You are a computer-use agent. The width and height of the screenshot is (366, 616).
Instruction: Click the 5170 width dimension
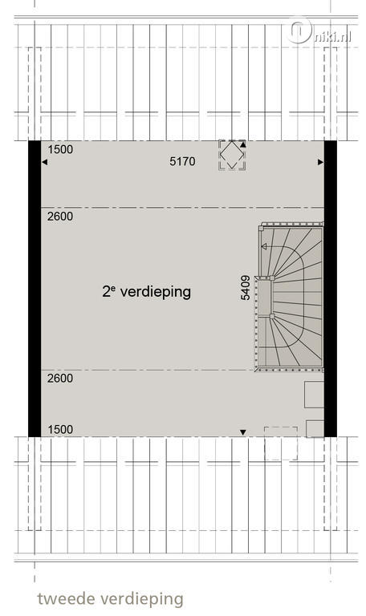coord(182,161)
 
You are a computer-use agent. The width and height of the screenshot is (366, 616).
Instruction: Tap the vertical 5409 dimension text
coord(246,288)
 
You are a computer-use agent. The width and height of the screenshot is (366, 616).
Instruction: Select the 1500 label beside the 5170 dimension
coord(60,149)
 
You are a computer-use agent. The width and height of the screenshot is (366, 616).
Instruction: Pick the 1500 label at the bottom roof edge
coord(60,429)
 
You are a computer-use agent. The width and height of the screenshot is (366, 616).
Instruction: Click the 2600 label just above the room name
coord(60,217)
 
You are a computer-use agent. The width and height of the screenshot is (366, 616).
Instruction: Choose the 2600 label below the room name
coord(60,379)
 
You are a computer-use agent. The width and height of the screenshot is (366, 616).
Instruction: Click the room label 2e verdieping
coord(147,292)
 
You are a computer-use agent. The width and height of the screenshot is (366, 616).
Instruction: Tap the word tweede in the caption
coord(66,599)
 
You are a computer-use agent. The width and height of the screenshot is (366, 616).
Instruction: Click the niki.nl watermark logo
coord(319,31)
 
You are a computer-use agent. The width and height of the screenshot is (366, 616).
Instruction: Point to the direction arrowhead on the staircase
coord(264,247)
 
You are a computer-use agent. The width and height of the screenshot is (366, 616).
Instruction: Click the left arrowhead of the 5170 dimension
coord(44,162)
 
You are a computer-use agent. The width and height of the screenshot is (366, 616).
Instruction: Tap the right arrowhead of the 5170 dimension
coord(321,162)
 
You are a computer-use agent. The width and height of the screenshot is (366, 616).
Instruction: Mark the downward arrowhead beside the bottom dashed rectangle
coord(243,432)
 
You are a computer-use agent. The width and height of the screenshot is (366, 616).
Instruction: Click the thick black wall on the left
coord(35,289)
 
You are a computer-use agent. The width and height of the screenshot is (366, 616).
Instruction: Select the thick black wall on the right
coord(330,289)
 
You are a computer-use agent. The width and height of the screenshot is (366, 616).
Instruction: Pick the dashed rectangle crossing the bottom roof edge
coord(281,444)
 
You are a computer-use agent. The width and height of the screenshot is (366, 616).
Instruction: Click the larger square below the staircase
coord(315,395)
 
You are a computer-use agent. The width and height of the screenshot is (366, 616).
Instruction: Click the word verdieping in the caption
coord(142,600)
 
